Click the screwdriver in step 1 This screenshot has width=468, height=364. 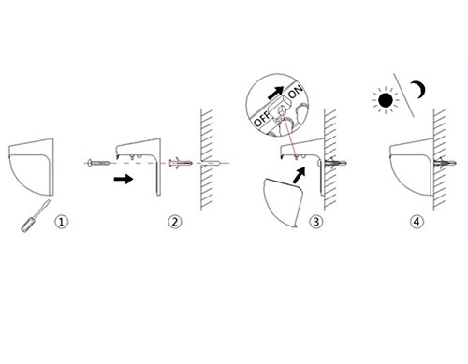[36, 216]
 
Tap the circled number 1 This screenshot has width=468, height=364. [61, 222]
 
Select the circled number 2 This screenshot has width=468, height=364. [175, 222]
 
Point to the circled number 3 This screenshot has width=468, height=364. [316, 222]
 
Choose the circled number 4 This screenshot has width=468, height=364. [417, 222]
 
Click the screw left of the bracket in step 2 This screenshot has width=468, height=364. [99, 163]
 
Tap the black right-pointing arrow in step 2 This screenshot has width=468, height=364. [124, 179]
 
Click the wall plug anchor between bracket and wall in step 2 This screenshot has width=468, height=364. [181, 163]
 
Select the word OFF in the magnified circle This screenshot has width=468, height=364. [262, 119]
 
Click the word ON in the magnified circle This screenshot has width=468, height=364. [295, 92]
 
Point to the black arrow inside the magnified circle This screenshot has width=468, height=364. [276, 93]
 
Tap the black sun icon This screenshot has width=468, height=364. [386, 100]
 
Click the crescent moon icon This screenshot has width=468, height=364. [419, 90]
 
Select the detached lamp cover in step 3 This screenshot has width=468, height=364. [284, 203]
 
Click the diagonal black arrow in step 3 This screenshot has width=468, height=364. [299, 175]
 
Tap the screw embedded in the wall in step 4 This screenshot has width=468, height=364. [446, 163]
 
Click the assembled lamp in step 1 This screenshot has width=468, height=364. [32, 167]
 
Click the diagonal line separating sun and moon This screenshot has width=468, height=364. [403, 95]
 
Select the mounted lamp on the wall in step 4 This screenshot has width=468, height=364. [412, 167]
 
